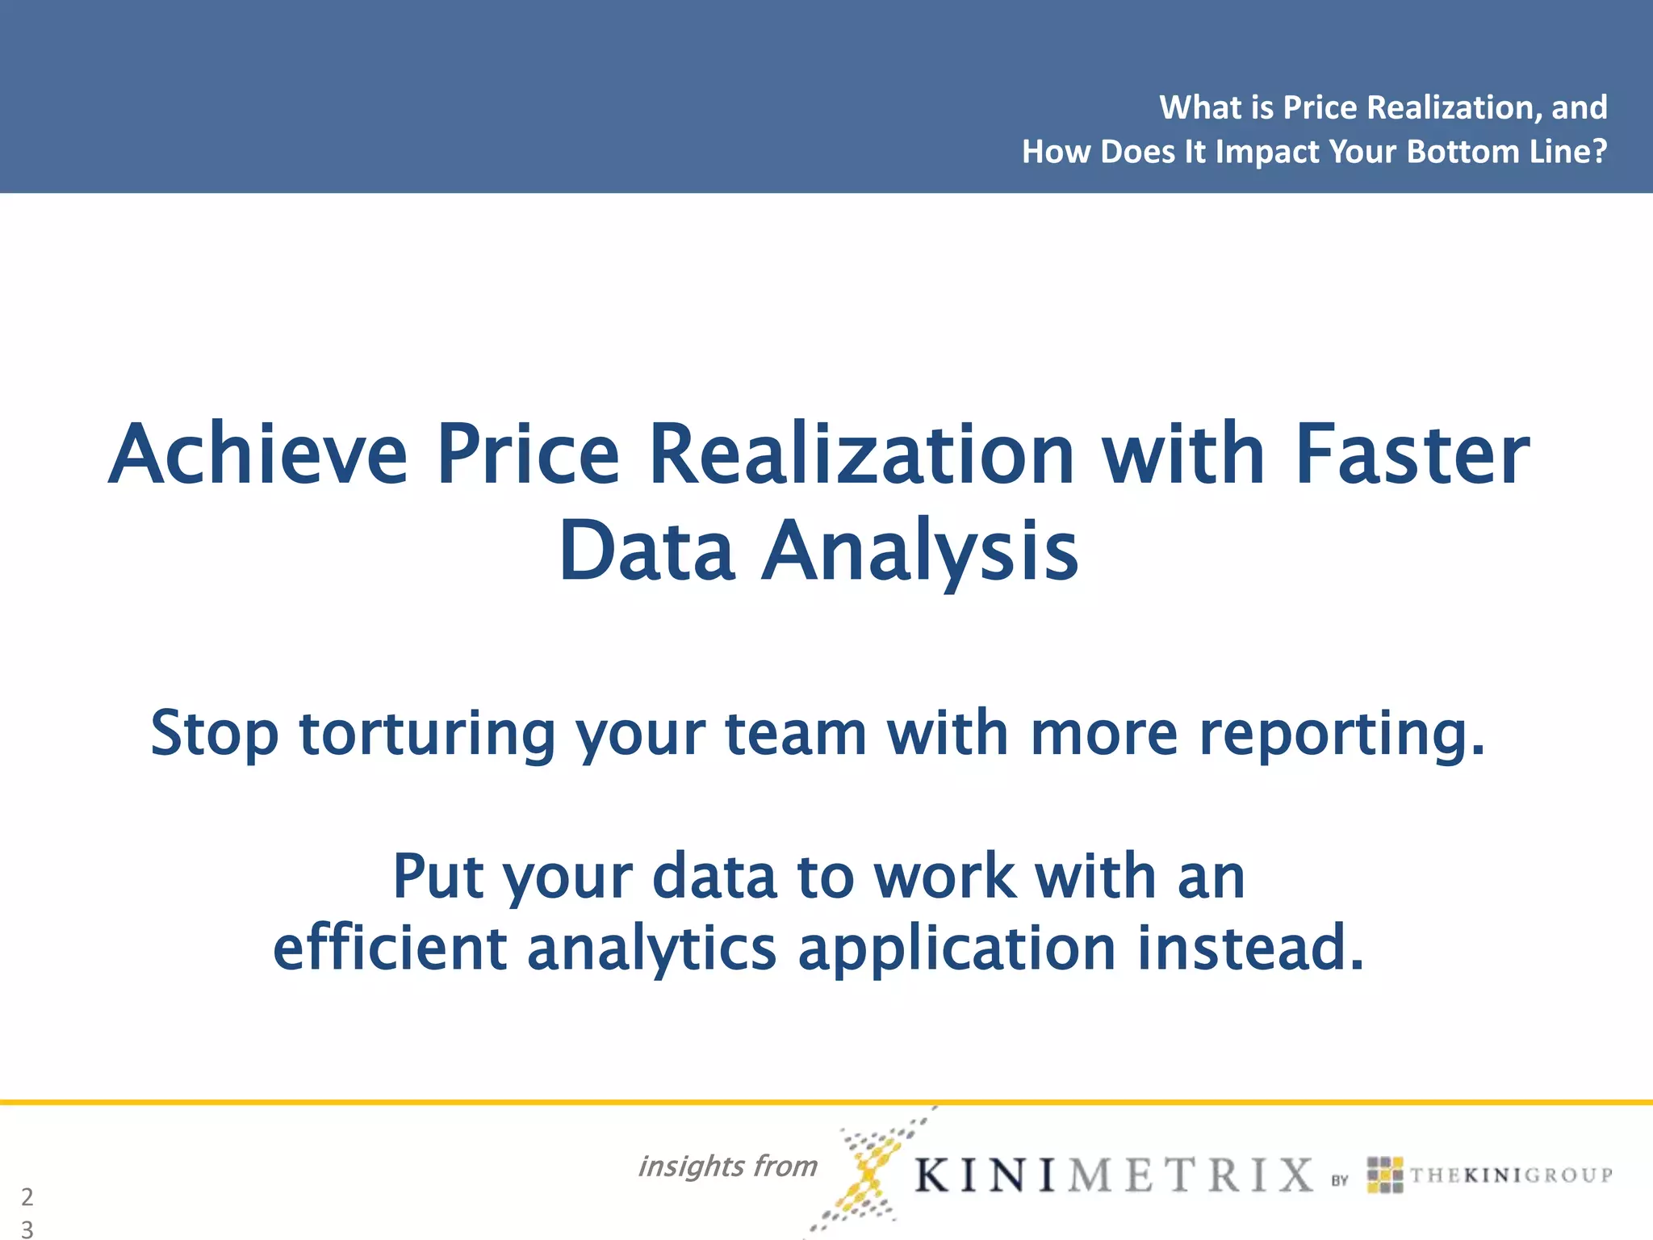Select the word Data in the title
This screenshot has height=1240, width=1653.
pos(647,551)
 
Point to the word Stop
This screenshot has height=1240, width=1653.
pos(215,733)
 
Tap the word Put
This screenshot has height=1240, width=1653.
pos(438,877)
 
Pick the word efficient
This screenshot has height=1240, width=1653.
pos(390,948)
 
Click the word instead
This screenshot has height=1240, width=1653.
pos(1250,948)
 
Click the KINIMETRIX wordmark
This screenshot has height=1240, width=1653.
pos(1114,1175)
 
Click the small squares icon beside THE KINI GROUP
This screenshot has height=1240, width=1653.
pos(1385,1175)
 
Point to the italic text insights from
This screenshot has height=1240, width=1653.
pos(727,1167)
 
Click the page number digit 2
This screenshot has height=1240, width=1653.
pos(27,1196)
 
